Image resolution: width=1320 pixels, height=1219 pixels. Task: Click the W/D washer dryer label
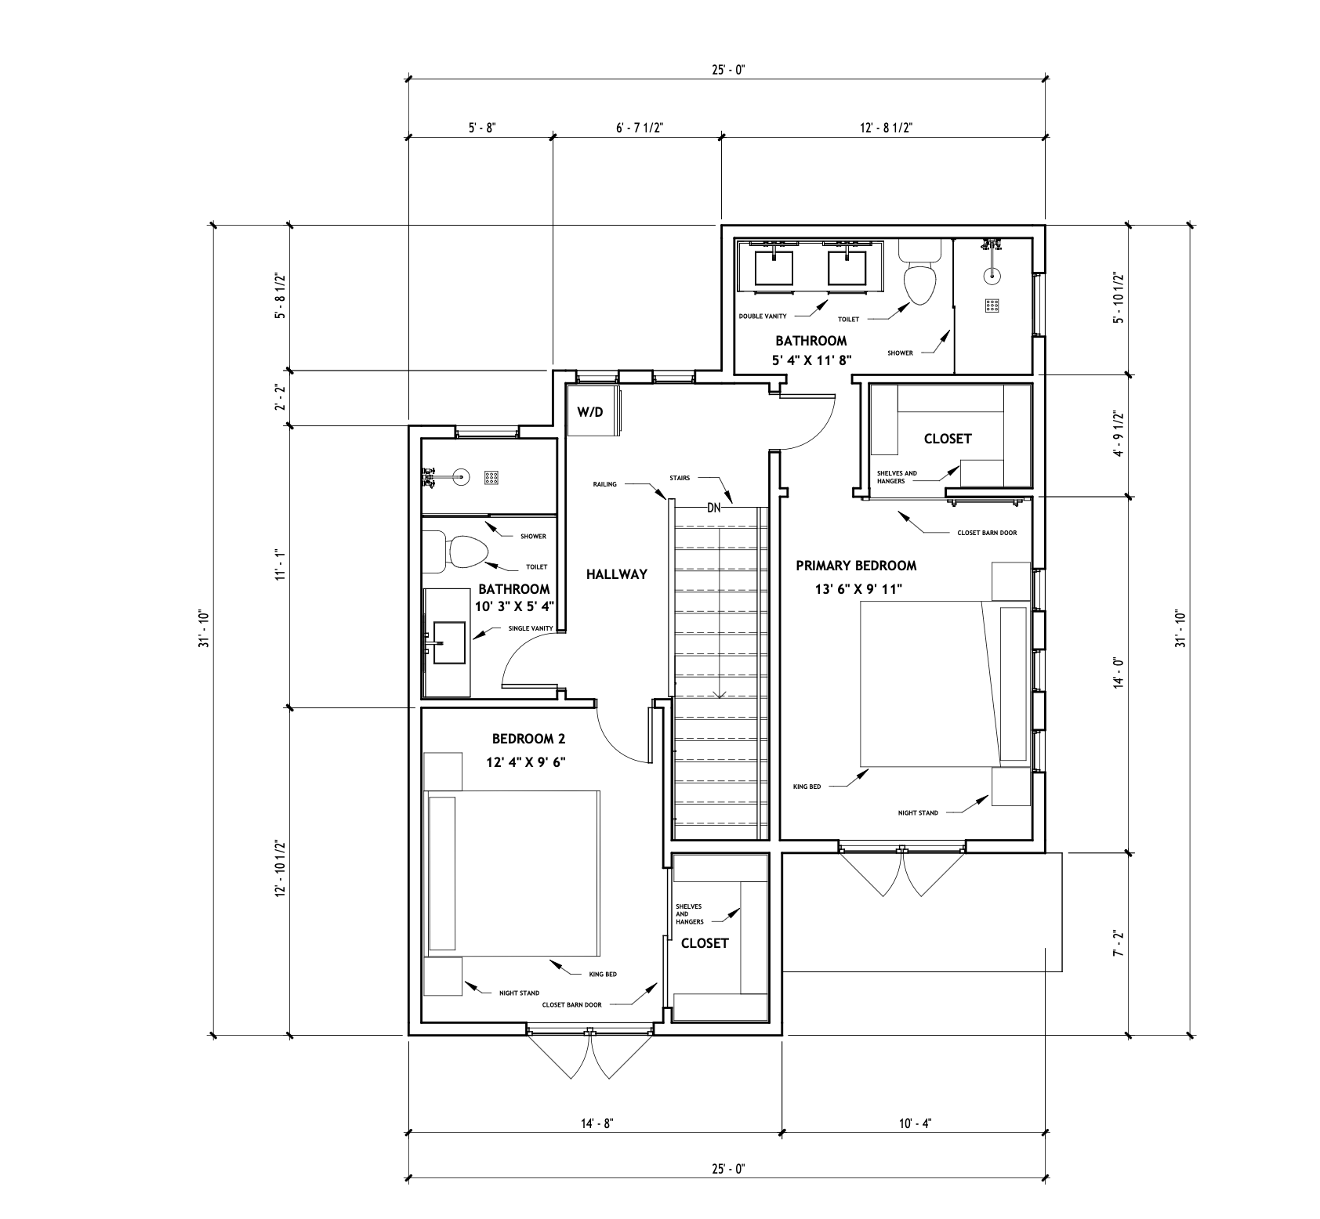(590, 412)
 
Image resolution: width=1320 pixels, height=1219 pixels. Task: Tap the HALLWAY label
(617, 574)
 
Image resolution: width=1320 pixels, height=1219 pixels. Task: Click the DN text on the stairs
(713, 508)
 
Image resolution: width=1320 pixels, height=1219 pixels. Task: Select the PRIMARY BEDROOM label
(856, 566)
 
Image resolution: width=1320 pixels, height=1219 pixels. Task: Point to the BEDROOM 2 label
(528, 738)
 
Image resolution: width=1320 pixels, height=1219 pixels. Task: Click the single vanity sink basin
(448, 642)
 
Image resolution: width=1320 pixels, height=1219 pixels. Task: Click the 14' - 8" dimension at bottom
(596, 1123)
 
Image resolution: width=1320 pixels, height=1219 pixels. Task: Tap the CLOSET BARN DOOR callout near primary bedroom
(987, 533)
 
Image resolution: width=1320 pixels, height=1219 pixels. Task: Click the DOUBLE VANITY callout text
(763, 317)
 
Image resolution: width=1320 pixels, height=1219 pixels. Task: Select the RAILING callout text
(604, 484)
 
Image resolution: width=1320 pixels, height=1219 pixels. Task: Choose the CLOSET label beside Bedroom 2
(705, 943)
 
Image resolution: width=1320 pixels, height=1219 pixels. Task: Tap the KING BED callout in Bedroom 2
(602, 975)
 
